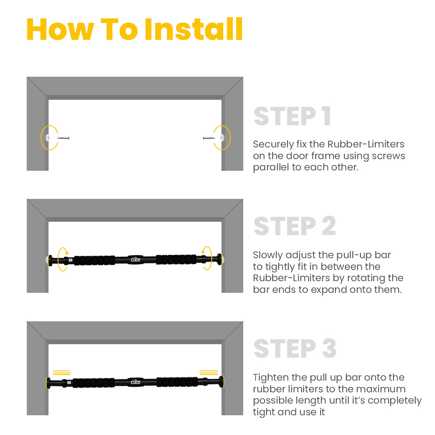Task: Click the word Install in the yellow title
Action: pyautogui.click(x=193, y=29)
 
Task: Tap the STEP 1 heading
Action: pyautogui.click(x=292, y=116)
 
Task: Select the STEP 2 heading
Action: pyautogui.click(x=295, y=226)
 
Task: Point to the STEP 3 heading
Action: pyautogui.click(x=295, y=348)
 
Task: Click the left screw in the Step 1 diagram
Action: pyautogui.click(x=63, y=138)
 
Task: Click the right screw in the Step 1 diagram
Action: pyautogui.click(x=209, y=138)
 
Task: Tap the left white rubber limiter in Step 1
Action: pyautogui.click(x=48, y=138)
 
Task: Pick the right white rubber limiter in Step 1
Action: pyautogui.click(x=222, y=138)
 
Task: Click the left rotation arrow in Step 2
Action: pyautogui.click(x=59, y=259)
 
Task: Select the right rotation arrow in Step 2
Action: pyautogui.click(x=211, y=258)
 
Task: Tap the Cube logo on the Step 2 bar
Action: pyautogui.click(x=136, y=259)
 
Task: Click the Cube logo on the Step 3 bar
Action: pyautogui.click(x=136, y=382)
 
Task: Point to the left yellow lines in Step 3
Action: pyautogui.click(x=62, y=373)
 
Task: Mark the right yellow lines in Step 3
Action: pyautogui.click(x=209, y=373)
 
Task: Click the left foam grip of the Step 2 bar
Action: pyautogui.click(x=94, y=260)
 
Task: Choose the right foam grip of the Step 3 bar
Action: pyautogui.click(x=177, y=382)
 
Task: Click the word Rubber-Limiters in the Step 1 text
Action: pyautogui.click(x=366, y=144)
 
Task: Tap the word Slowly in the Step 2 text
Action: pyautogui.click(x=268, y=255)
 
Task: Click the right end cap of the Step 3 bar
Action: pyautogui.click(x=222, y=382)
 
